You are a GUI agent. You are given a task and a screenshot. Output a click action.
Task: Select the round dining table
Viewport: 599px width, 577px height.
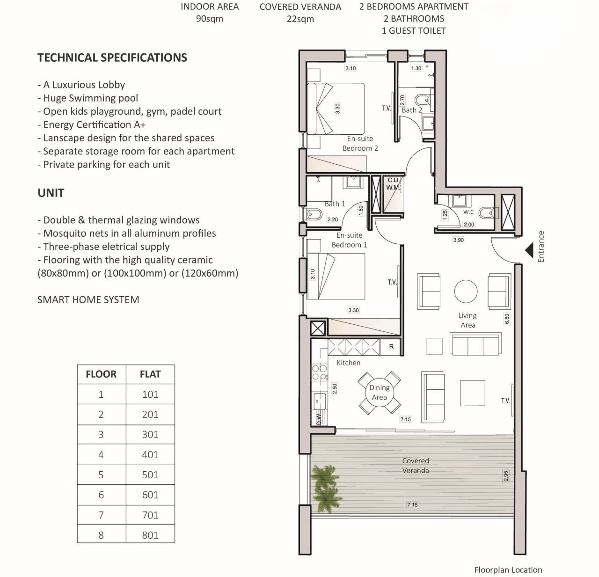[379, 392]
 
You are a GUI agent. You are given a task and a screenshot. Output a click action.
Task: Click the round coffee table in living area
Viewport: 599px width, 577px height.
[466, 292]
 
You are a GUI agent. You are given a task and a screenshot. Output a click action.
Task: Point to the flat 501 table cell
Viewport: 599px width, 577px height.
[150, 475]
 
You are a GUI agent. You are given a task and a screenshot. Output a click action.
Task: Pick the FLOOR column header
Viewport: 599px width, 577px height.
[101, 374]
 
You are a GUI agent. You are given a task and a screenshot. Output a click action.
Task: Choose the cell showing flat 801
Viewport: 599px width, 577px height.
[150, 535]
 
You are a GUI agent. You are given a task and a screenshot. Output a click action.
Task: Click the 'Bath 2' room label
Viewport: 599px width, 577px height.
[412, 110]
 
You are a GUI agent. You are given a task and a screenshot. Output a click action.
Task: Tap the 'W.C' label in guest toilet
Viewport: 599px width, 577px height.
[468, 212]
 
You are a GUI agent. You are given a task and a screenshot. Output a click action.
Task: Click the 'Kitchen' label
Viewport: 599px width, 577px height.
[349, 363]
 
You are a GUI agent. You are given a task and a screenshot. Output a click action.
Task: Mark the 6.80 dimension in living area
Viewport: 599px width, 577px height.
[507, 319]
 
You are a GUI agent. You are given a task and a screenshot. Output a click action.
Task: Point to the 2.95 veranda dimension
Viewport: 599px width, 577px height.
[506, 476]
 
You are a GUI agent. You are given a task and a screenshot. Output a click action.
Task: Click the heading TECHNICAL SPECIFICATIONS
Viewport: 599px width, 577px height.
[112, 58]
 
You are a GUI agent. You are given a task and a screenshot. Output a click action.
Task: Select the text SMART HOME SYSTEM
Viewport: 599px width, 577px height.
[88, 300]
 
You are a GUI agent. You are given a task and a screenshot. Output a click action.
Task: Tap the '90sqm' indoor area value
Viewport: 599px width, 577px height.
[209, 19]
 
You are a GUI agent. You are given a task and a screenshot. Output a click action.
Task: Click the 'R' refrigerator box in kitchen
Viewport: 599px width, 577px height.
[391, 347]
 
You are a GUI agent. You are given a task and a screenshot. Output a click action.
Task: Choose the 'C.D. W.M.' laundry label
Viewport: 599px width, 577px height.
[393, 183]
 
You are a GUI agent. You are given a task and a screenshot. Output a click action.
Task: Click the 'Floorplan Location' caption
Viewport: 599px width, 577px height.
[508, 570]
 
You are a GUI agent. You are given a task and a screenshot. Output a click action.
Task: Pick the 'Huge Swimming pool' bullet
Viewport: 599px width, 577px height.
[90, 98]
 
